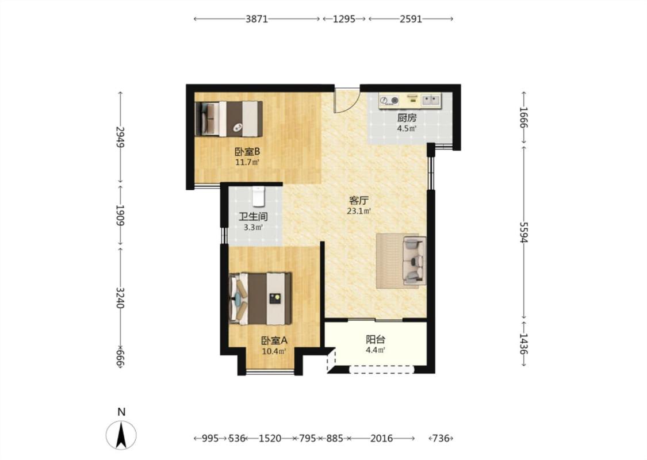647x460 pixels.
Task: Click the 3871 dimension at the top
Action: point(256,19)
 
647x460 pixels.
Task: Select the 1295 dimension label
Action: point(344,19)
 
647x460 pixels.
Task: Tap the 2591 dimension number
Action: point(411,19)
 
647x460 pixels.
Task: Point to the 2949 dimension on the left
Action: point(120,137)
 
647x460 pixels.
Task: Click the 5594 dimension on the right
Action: point(523,232)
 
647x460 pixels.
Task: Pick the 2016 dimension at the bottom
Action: point(381,438)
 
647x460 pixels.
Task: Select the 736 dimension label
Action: point(441,438)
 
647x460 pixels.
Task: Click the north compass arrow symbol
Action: point(121,435)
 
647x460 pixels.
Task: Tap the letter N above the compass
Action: point(121,412)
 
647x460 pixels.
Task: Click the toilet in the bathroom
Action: point(258,196)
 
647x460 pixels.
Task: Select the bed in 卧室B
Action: point(228,119)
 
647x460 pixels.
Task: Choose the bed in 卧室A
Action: point(260,298)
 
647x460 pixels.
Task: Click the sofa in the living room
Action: point(414,260)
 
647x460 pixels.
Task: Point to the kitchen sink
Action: point(431,99)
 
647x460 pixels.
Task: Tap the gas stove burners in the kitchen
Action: point(389,100)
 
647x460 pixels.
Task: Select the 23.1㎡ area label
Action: point(358,212)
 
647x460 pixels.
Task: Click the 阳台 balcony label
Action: point(376,339)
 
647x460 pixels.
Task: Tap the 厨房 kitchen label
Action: point(407,117)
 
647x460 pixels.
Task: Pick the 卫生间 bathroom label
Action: point(254,217)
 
